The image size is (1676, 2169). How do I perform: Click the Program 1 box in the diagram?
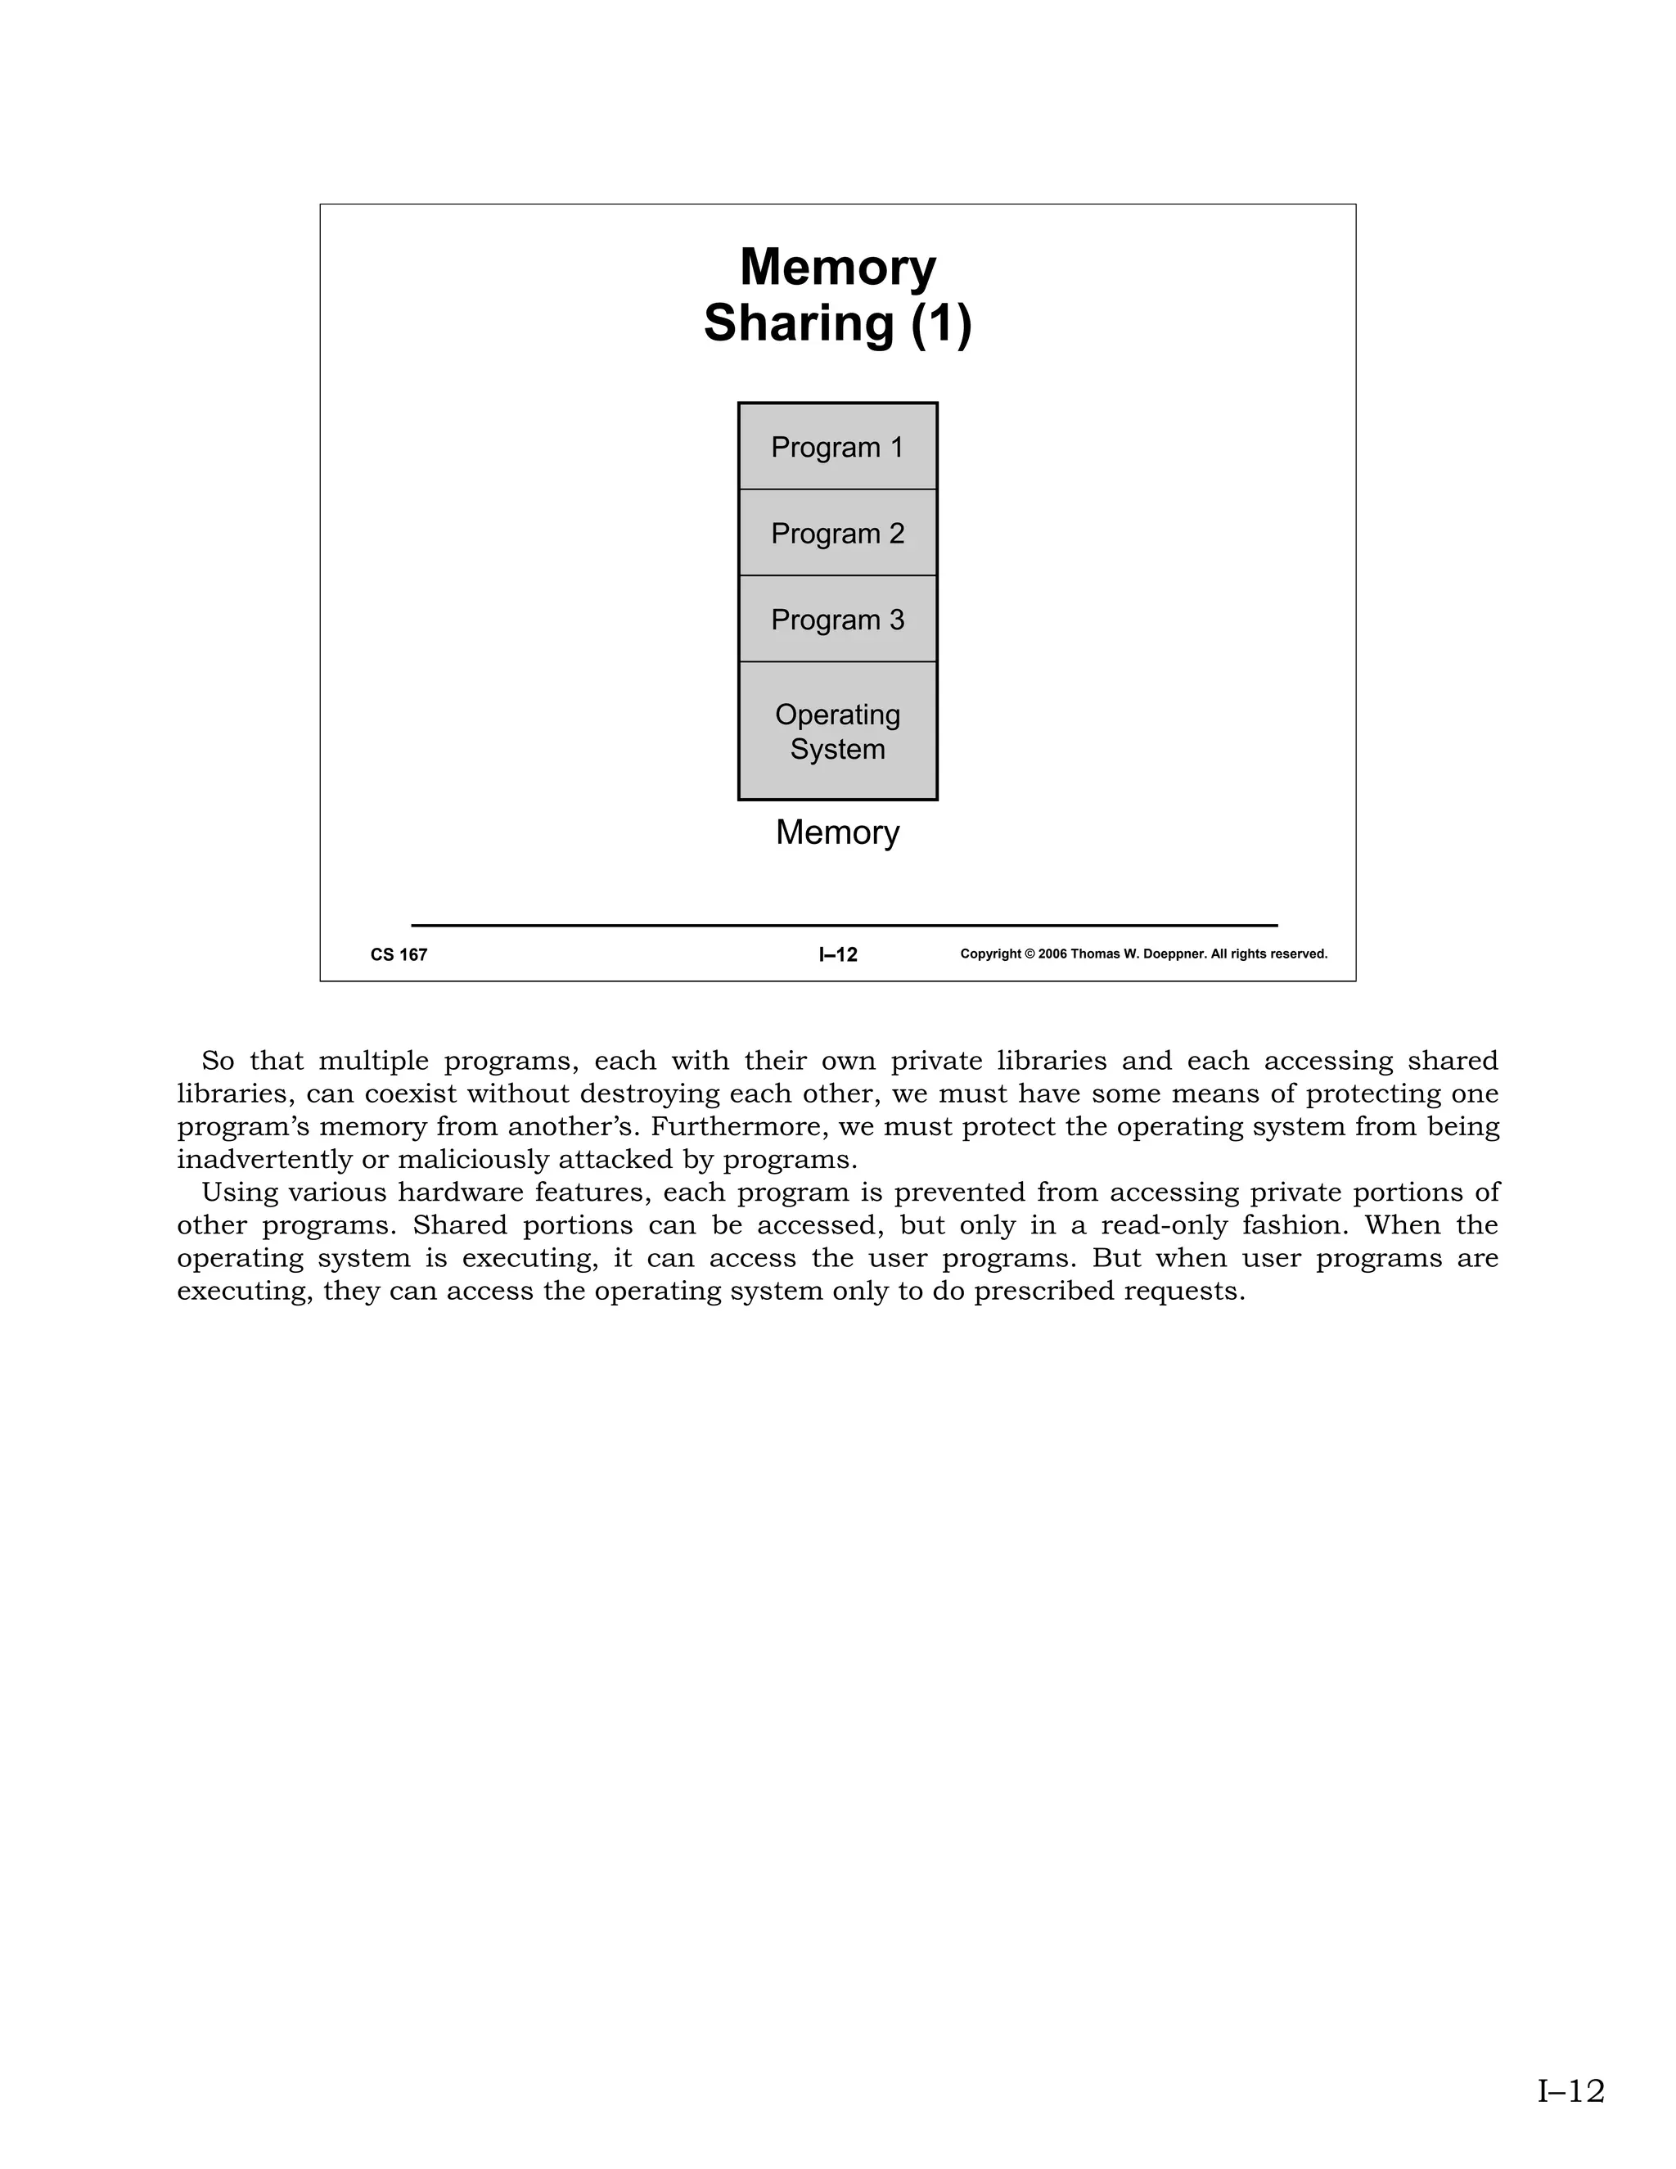coord(837,447)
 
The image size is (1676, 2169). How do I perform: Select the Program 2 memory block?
coord(837,534)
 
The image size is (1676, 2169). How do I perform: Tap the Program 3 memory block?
coord(837,620)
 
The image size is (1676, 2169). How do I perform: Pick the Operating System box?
coord(837,731)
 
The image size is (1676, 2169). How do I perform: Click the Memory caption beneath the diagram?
coord(837,832)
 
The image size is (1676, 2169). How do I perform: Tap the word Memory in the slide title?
coord(837,267)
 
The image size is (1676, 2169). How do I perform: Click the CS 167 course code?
coord(399,954)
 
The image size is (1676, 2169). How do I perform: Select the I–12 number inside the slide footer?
coord(838,954)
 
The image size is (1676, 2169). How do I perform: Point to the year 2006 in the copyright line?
coord(1052,954)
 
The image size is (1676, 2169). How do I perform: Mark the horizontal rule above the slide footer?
coord(844,926)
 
